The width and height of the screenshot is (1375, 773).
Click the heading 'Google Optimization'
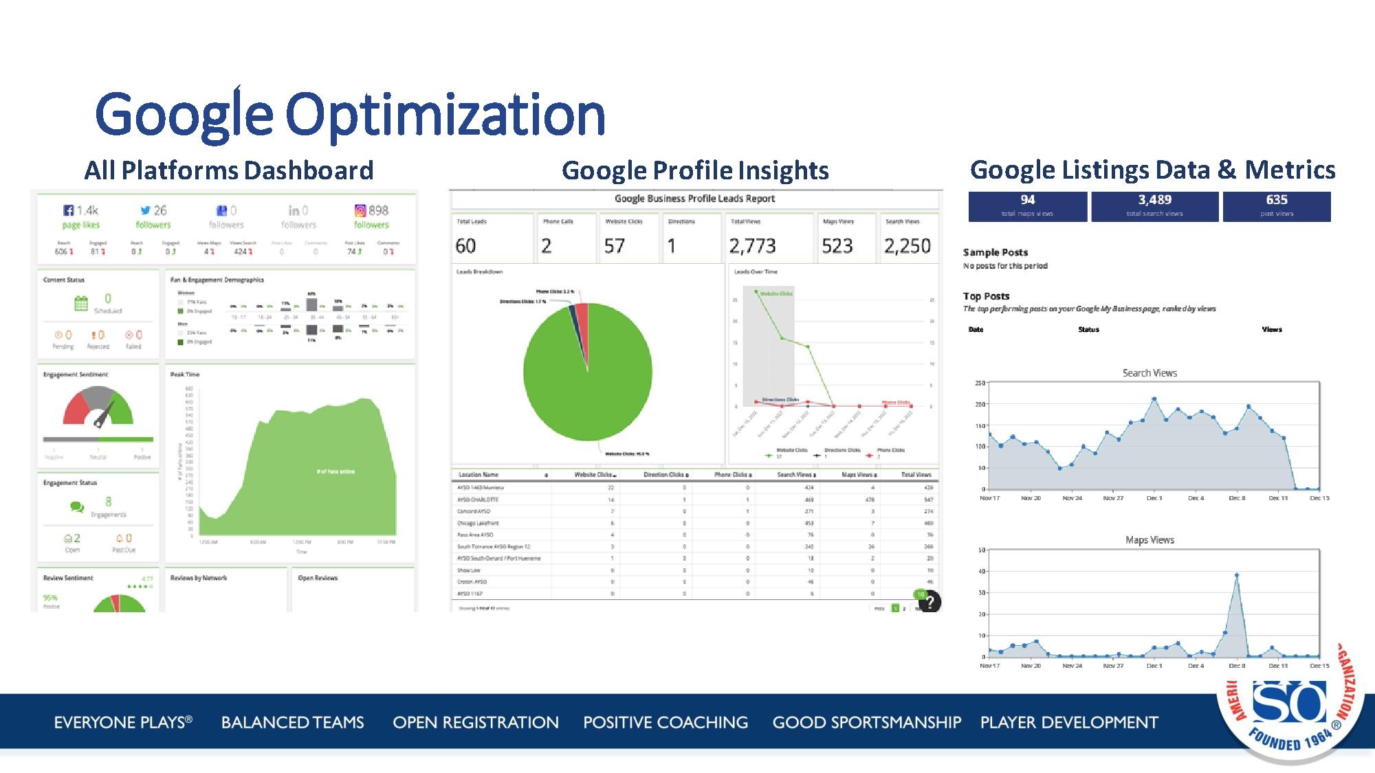(350, 115)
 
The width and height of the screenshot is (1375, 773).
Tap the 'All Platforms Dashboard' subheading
(229, 170)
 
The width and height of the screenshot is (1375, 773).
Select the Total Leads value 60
(465, 246)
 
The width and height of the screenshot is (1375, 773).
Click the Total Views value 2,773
(752, 246)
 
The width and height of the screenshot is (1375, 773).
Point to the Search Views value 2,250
(907, 246)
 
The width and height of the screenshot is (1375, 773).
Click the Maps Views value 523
(837, 246)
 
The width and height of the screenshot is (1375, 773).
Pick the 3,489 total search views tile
(1154, 205)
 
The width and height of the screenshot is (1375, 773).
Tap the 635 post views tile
(1277, 205)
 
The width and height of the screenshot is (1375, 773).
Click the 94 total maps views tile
(1027, 205)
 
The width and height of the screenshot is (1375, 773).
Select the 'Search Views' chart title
(1149, 373)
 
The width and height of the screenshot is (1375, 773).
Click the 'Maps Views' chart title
(1149, 540)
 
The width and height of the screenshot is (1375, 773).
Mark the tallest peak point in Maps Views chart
(1237, 575)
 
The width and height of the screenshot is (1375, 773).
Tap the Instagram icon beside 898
(360, 210)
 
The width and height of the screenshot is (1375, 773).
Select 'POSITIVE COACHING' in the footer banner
(665, 722)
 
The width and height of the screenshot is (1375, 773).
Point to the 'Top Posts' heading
(986, 296)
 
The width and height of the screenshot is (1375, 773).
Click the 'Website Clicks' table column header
(594, 475)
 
